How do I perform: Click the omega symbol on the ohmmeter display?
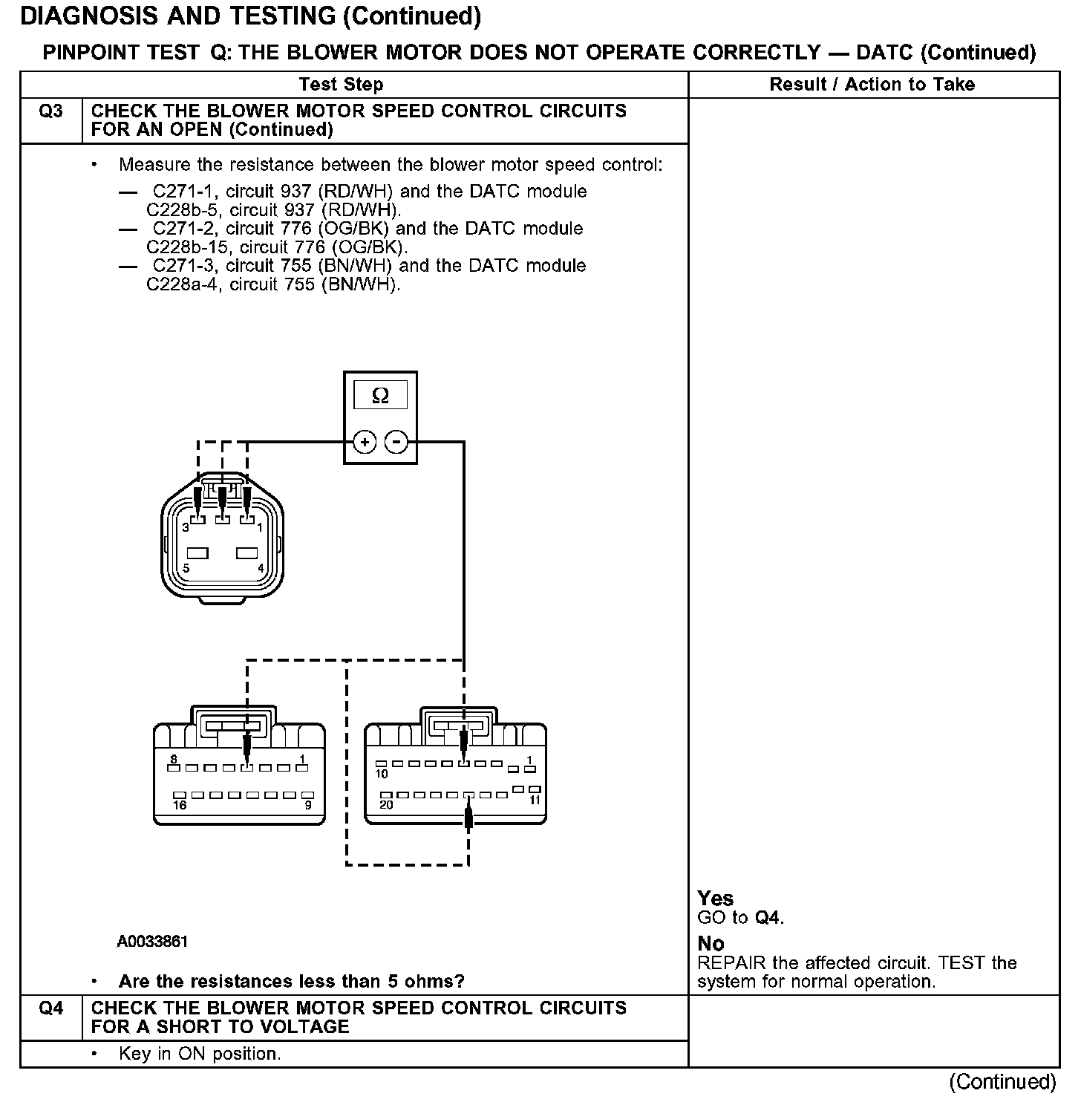(x=380, y=396)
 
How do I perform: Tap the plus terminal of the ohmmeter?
(x=365, y=443)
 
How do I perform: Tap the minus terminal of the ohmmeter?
(x=397, y=443)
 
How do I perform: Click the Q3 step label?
(x=50, y=111)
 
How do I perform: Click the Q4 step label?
(x=50, y=1008)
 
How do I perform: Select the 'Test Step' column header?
(x=341, y=85)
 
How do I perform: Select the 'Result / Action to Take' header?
(x=872, y=85)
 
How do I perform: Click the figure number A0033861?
(x=152, y=942)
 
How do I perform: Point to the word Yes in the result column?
(x=715, y=899)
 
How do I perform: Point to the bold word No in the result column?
(x=711, y=944)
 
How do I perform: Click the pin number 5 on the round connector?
(x=186, y=568)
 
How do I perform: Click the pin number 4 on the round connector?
(x=261, y=568)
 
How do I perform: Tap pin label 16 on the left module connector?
(x=180, y=805)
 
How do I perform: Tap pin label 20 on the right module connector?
(x=386, y=805)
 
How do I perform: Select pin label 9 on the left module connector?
(x=308, y=805)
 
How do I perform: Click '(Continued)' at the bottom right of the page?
(x=1002, y=1082)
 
